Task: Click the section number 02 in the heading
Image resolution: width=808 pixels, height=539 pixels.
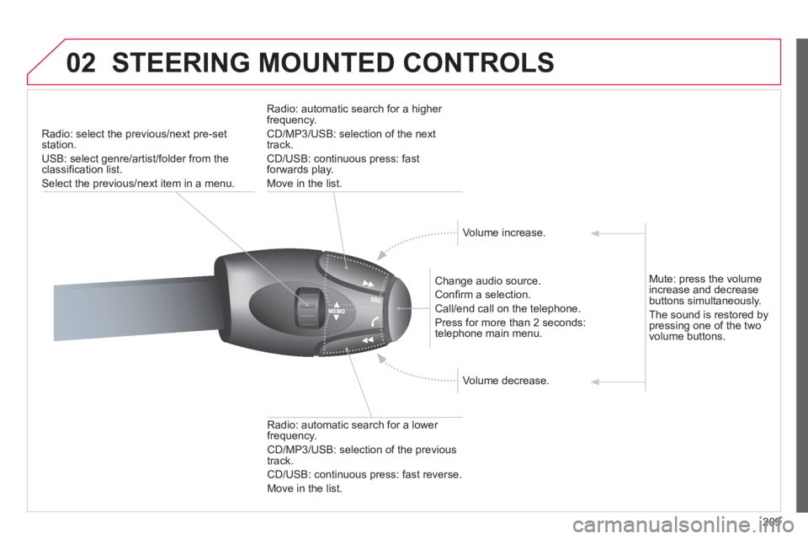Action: pyautogui.click(x=82, y=63)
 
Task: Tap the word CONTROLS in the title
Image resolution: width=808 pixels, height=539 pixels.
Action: pyautogui.click(x=478, y=63)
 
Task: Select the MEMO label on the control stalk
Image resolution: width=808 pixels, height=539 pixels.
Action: pyautogui.click(x=337, y=311)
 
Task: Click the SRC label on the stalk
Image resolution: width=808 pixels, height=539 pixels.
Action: pyautogui.click(x=375, y=300)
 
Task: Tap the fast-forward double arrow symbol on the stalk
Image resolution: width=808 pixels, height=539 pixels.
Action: pyautogui.click(x=368, y=284)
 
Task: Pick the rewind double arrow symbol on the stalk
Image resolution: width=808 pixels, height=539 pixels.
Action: pyautogui.click(x=368, y=340)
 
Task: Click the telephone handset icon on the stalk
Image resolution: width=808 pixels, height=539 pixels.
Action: pyautogui.click(x=375, y=322)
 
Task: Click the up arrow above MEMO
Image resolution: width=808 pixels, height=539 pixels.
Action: pyautogui.click(x=337, y=305)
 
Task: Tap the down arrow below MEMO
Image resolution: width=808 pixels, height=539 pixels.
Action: pyautogui.click(x=337, y=318)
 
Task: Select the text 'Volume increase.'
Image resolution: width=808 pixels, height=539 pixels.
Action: pyautogui.click(x=504, y=232)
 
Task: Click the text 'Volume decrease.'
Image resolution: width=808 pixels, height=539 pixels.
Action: pyautogui.click(x=506, y=381)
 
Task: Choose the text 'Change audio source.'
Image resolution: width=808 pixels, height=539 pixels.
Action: pyautogui.click(x=488, y=281)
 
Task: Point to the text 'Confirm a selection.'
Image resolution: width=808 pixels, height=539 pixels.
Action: pyautogui.click(x=483, y=295)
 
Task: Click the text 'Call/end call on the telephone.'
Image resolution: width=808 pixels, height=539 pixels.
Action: pyautogui.click(x=508, y=309)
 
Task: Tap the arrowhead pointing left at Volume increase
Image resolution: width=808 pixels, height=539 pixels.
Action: pyautogui.click(x=595, y=233)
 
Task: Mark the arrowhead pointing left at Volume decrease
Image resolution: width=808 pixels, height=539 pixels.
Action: pyautogui.click(x=595, y=382)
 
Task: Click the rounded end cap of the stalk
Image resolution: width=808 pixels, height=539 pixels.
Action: pyautogui.click(x=398, y=308)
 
